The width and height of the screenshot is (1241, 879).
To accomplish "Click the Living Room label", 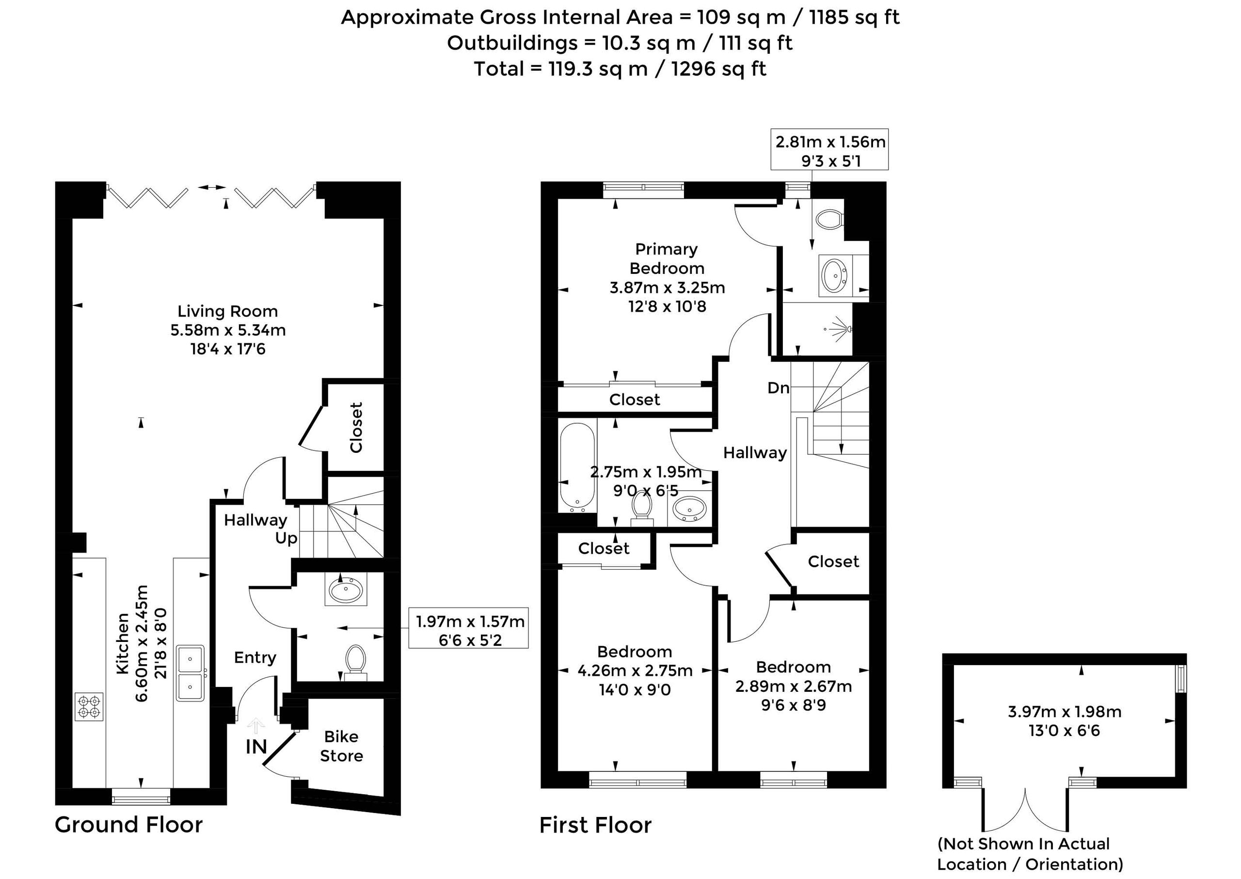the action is click(228, 311).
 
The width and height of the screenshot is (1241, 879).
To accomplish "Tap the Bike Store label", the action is click(341, 746).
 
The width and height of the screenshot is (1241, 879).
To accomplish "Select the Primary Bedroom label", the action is click(667, 259).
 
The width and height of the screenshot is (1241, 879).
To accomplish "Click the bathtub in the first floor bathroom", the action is click(578, 468).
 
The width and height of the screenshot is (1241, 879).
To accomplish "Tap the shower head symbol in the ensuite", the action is click(840, 329).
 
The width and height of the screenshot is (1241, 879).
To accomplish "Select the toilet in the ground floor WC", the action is click(356, 662).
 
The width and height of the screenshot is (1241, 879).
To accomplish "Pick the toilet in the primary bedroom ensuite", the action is click(829, 220).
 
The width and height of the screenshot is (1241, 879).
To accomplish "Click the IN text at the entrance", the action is click(256, 747).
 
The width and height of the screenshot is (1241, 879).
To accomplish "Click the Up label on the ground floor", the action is click(286, 539).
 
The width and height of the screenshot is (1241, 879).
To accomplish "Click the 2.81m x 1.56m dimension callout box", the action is click(830, 149).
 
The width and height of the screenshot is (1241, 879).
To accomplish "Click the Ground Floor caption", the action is click(129, 825).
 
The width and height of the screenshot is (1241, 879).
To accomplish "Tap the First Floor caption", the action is click(596, 825).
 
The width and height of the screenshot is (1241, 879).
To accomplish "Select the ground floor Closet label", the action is click(356, 428).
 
